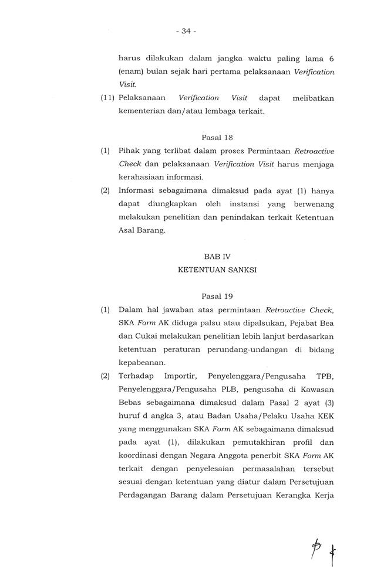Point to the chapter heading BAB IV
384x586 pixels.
[217, 256]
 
